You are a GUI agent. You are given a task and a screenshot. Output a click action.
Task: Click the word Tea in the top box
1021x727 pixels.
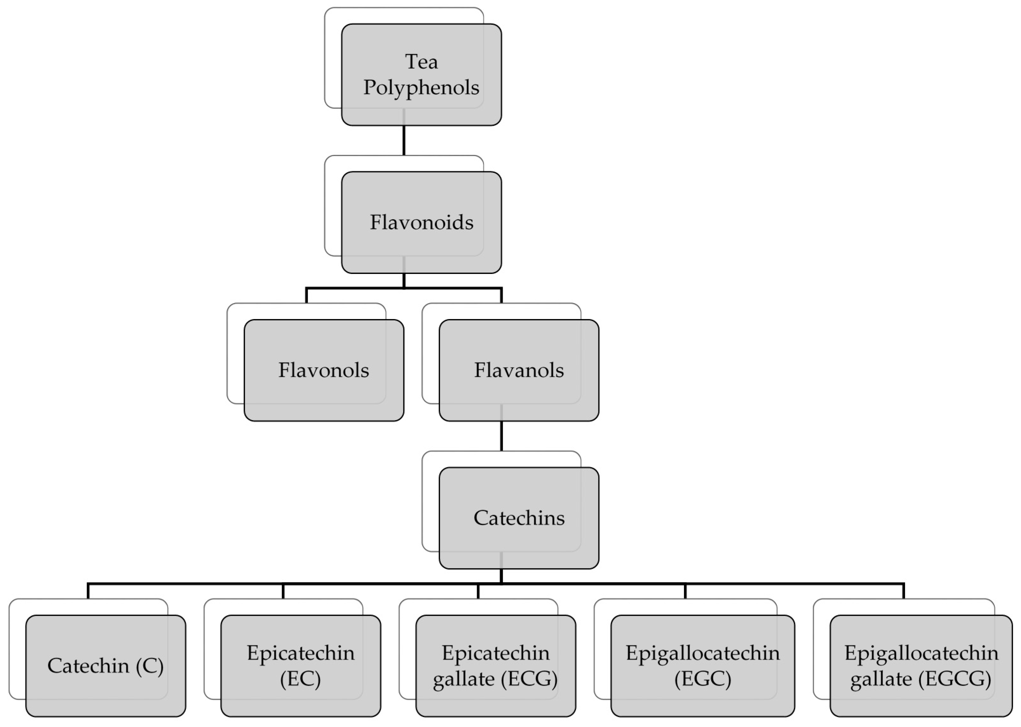pos(421,62)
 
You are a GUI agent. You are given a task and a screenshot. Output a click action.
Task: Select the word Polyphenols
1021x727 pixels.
pos(421,87)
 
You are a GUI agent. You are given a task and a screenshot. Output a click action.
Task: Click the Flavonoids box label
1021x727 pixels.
pos(421,222)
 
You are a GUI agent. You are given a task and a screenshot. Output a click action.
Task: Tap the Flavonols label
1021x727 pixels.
pos(324,370)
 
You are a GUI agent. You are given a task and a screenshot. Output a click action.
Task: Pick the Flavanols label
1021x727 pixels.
pos(519,370)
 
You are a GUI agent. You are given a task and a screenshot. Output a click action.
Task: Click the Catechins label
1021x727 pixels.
pos(519,518)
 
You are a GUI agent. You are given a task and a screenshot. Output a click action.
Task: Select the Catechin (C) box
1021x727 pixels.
pos(105,666)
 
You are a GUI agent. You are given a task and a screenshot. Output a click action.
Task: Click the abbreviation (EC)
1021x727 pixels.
pos(300,679)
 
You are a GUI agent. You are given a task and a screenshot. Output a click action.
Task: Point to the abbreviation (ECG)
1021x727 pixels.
pos(529,679)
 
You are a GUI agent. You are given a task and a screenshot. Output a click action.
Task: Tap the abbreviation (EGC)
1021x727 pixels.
pos(702,679)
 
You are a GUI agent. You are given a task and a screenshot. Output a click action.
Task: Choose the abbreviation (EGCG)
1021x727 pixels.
pos(955,679)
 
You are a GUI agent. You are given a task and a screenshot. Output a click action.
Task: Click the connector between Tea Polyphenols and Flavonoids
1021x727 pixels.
pos(404,140)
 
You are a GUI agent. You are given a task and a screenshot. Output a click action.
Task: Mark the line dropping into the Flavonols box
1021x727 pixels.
pos(306,296)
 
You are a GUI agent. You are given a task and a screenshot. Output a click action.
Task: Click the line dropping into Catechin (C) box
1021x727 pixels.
pos(88,591)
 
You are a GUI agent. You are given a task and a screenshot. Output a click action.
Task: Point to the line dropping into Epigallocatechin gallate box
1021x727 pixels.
pos(904,591)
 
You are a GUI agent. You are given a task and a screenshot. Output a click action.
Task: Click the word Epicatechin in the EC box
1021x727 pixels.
pos(300,653)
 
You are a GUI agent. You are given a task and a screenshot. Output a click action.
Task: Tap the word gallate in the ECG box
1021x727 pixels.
pos(464,679)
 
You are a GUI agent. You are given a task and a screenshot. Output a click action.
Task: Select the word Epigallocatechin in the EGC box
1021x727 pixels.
pos(702,653)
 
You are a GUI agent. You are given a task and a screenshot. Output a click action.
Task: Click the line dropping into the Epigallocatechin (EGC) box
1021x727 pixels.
pos(685,591)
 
